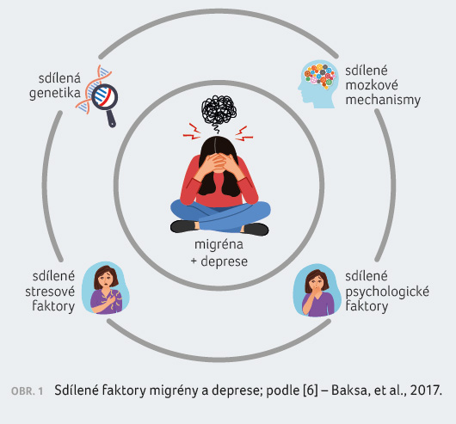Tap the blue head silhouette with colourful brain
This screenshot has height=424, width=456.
(x=318, y=84)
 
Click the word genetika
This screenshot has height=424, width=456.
(x=55, y=94)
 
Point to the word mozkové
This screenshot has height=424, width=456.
(x=372, y=85)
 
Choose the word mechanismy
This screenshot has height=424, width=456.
(x=383, y=101)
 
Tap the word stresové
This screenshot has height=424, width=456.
(x=50, y=292)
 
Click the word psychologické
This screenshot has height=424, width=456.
(x=387, y=292)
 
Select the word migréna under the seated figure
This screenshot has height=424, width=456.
(x=219, y=245)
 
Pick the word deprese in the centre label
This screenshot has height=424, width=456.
(x=225, y=261)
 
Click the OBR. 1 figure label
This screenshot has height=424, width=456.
(x=27, y=391)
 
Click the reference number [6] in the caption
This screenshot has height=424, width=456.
(x=311, y=390)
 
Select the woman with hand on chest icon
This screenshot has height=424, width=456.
(x=106, y=288)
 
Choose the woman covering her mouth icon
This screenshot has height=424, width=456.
(x=317, y=291)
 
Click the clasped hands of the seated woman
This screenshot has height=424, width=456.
(x=219, y=163)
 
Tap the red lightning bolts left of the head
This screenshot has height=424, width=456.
(x=192, y=132)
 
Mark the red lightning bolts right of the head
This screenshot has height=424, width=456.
(x=243, y=133)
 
